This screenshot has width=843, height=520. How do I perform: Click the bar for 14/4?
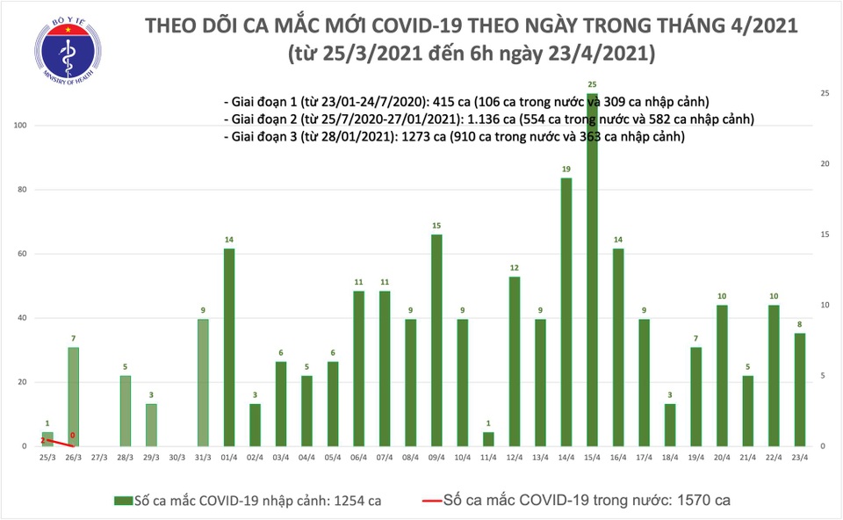pyautogui.click(x=566, y=312)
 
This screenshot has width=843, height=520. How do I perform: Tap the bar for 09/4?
pyautogui.click(x=436, y=340)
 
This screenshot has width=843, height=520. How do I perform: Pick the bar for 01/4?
pyautogui.click(x=228, y=347)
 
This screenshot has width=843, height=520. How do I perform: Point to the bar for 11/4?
pyautogui.click(x=488, y=438)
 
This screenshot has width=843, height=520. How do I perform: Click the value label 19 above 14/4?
pyautogui.click(x=566, y=170)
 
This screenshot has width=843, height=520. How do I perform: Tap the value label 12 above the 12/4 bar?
pyautogui.click(x=515, y=268)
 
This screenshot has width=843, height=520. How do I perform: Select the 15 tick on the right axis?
pyautogui.click(x=825, y=235)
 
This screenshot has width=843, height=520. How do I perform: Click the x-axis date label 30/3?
pyautogui.click(x=177, y=458)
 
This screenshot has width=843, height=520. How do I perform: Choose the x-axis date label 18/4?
pyautogui.click(x=670, y=458)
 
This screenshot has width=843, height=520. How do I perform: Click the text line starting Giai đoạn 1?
pyautogui.click(x=465, y=100)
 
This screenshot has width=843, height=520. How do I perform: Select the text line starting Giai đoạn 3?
pyautogui.click(x=454, y=137)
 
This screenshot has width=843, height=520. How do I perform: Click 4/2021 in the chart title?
pyautogui.click(x=760, y=25)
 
